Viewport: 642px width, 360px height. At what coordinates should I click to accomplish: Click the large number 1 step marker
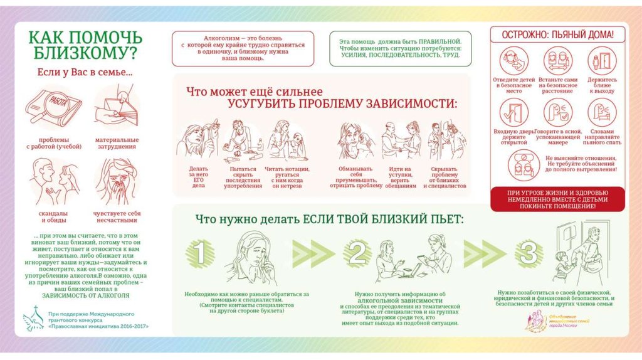click(197, 253)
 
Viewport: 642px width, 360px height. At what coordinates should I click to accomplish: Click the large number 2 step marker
click(358, 253)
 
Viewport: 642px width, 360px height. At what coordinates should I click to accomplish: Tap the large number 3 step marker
click(528, 253)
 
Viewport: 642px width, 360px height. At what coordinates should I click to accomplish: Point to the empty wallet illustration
click(117, 107)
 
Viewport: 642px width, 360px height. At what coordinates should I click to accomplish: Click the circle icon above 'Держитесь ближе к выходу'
click(602, 61)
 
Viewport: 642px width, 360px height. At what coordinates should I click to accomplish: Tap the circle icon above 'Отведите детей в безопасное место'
click(514, 61)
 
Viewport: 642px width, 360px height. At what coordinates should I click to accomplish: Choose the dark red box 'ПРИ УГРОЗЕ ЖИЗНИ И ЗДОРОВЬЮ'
click(557, 198)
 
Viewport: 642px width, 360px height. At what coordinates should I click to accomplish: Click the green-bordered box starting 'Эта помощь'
click(400, 48)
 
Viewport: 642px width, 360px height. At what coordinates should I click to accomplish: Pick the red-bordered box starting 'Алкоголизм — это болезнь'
click(243, 48)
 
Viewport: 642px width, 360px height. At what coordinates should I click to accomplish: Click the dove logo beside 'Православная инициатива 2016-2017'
click(31, 320)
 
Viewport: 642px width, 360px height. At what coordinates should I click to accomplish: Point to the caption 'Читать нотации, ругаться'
click(287, 177)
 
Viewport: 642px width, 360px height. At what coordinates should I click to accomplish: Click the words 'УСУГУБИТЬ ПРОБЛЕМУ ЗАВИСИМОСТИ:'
click(342, 103)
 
